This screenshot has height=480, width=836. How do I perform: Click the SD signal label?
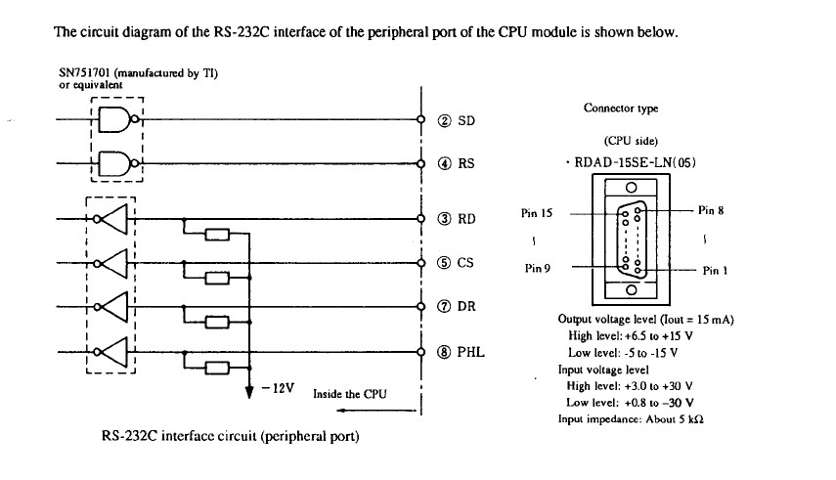(x=466, y=121)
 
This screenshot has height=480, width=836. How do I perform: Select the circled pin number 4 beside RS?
(x=444, y=163)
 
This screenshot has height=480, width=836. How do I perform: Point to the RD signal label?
(x=467, y=219)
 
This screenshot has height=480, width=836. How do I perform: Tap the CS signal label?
(x=466, y=262)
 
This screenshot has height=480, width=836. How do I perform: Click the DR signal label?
(x=467, y=306)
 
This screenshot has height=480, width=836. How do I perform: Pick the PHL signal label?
(x=471, y=351)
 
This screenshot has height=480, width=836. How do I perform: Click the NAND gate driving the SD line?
(x=115, y=121)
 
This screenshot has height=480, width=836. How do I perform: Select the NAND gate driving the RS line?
(x=115, y=162)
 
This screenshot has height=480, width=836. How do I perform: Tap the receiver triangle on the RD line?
(x=116, y=219)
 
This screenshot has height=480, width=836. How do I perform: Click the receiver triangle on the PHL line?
(x=116, y=350)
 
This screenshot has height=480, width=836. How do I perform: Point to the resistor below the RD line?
(x=218, y=235)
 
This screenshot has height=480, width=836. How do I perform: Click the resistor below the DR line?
(x=218, y=322)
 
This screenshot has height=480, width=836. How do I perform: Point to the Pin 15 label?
(x=539, y=212)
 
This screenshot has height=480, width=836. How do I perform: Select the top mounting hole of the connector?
(x=632, y=188)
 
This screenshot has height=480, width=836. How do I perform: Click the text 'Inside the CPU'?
(x=350, y=394)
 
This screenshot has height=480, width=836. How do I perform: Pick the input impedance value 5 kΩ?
(x=690, y=418)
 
